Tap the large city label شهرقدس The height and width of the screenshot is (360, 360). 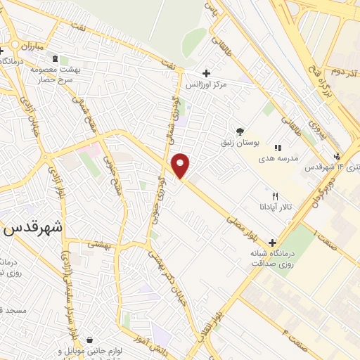[34, 229]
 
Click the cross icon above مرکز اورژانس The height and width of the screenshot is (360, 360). [205, 73]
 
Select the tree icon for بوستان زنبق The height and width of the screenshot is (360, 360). [240, 131]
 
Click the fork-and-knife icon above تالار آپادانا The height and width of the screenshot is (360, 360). [276, 177]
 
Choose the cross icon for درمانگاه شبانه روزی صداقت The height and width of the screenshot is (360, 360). [271, 243]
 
